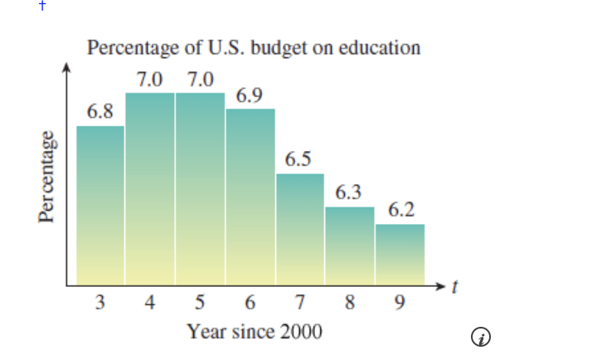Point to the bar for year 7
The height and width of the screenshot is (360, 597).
pos(300,229)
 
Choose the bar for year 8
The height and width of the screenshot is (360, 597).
pos(350,246)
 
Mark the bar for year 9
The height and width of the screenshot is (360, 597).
pos(400,254)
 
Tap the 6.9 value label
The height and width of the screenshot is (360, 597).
pos(250,96)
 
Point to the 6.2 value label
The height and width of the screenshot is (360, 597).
pos(400,210)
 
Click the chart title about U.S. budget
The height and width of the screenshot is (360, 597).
pos(254,47)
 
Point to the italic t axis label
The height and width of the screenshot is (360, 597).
pos(454,288)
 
